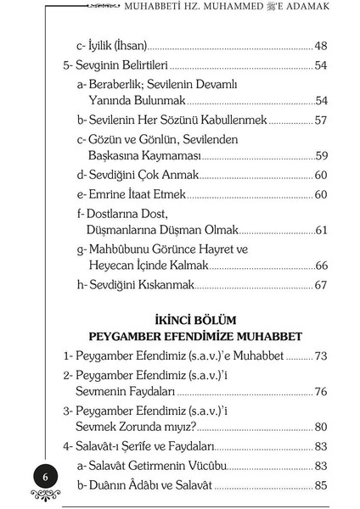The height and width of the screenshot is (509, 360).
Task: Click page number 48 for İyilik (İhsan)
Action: [x=320, y=46]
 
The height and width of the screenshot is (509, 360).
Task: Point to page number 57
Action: [x=320, y=120]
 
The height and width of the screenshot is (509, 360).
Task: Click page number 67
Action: [x=320, y=285]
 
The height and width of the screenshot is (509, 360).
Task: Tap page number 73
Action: [x=320, y=355]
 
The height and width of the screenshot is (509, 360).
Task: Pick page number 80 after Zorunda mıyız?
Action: [x=320, y=426]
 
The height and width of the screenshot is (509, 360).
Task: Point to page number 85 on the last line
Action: [x=320, y=487]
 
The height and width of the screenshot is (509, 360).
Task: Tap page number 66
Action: [x=320, y=265]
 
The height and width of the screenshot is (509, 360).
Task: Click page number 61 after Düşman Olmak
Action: [x=320, y=230]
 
